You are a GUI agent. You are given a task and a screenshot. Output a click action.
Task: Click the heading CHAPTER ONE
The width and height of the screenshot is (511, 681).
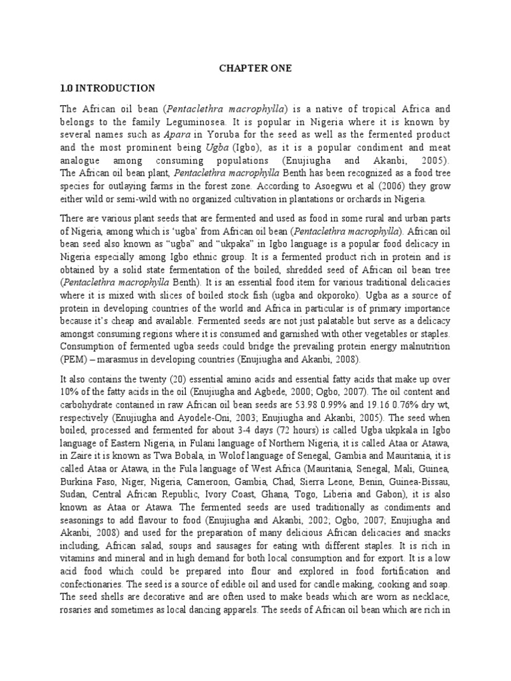[x=256, y=68]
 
